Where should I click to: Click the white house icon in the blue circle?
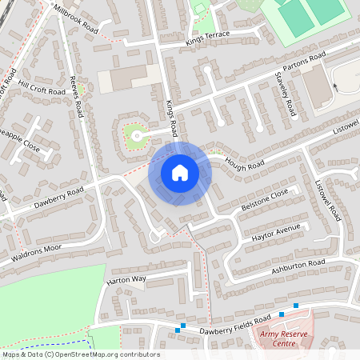point(180,172)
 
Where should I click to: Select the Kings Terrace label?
point(207,37)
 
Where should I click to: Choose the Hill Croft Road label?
point(42,91)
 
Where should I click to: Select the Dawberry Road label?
point(58,195)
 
